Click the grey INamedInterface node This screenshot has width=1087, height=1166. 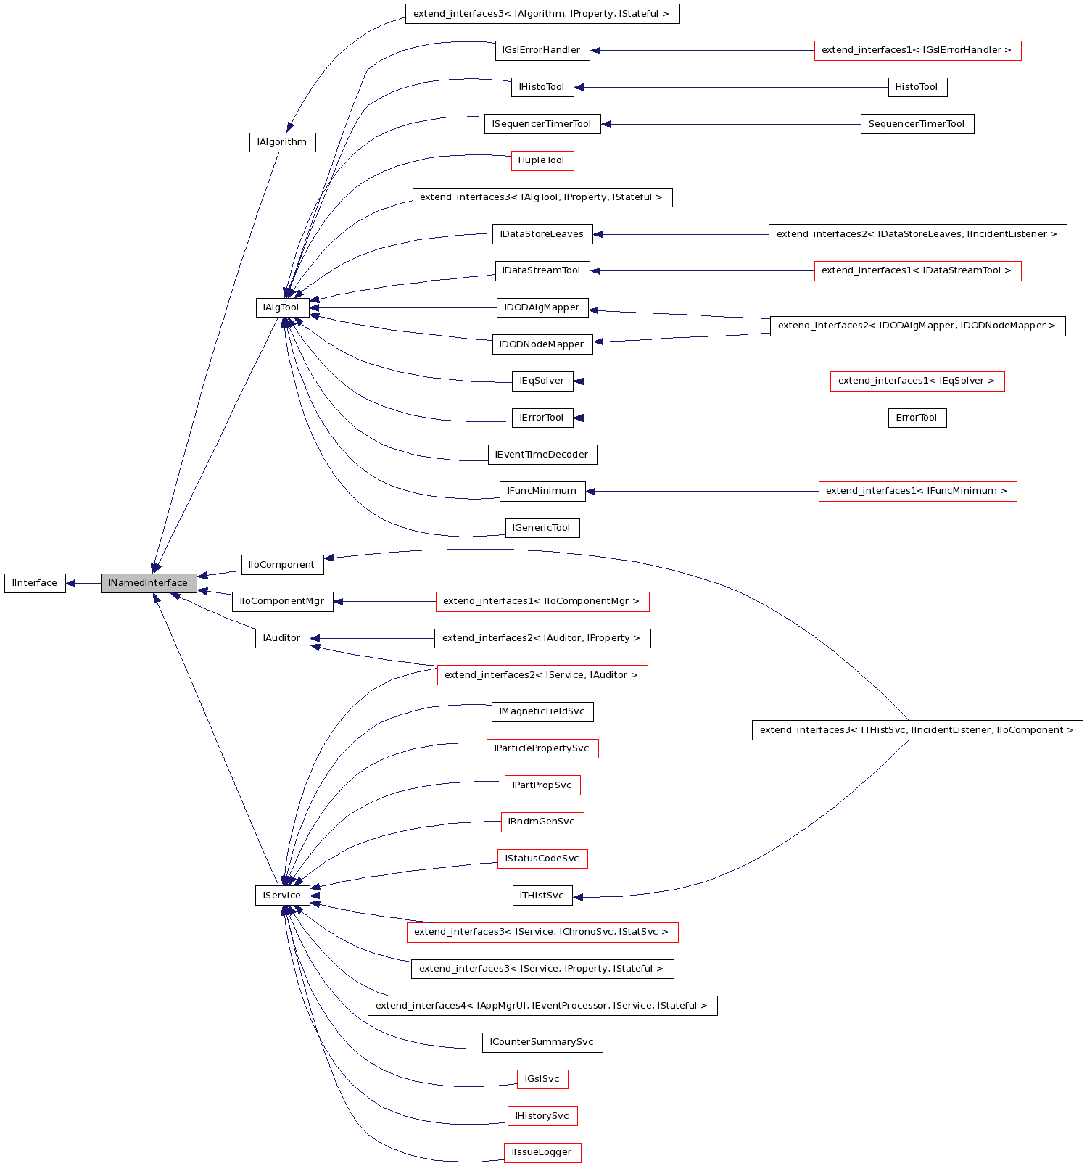click(x=149, y=583)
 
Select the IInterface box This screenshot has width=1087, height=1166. click(x=35, y=583)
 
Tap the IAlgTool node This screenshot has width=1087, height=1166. click(x=281, y=307)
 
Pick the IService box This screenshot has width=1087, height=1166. click(x=282, y=896)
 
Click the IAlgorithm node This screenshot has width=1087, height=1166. click(x=282, y=142)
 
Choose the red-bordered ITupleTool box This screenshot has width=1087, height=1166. click(x=542, y=160)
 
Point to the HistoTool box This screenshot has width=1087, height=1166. click(x=917, y=87)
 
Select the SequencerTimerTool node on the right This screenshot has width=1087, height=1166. click(x=917, y=124)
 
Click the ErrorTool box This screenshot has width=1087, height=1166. click(x=917, y=418)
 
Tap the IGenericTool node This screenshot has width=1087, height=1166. click(x=542, y=528)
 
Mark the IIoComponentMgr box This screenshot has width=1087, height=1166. click(x=282, y=601)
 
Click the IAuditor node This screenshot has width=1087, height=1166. click(x=282, y=638)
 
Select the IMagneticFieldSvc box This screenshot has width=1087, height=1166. click(x=542, y=711)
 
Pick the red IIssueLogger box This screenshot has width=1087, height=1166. click(x=542, y=1152)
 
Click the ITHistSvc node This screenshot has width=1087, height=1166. click(x=542, y=896)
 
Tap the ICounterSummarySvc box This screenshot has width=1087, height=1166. click(x=542, y=1042)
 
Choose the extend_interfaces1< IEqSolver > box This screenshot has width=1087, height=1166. click(x=917, y=381)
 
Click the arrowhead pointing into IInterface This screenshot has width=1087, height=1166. click(x=71, y=583)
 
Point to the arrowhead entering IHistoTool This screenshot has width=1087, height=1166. click(x=579, y=88)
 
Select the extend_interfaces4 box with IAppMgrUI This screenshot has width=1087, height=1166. click(x=542, y=1006)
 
